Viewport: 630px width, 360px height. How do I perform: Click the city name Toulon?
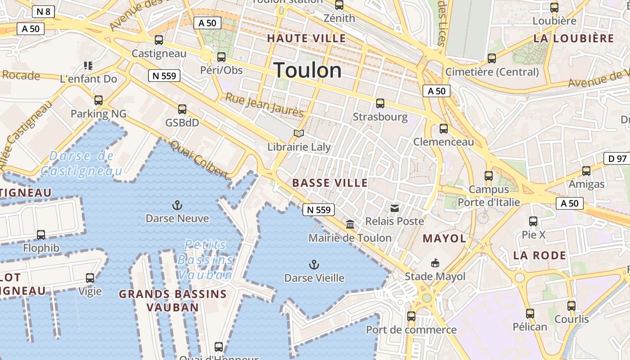pyautogui.click(x=308, y=71)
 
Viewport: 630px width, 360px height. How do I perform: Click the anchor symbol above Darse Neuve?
pyautogui.click(x=177, y=206)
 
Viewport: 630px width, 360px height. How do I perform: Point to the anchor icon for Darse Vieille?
pyautogui.click(x=314, y=265)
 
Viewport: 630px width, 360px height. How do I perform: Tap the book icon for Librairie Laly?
pyautogui.click(x=299, y=133)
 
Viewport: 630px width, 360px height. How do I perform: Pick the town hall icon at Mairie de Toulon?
pyautogui.click(x=350, y=224)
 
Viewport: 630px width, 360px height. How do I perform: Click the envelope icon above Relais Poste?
pyautogui.click(x=395, y=208)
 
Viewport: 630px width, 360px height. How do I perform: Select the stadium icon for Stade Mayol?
pyautogui.click(x=435, y=263)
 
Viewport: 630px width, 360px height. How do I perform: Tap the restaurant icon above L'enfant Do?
pyautogui.click(x=88, y=66)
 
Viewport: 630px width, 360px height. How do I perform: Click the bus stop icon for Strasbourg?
pyautogui.click(x=380, y=103)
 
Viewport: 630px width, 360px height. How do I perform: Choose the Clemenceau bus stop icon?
pyautogui.click(x=444, y=129)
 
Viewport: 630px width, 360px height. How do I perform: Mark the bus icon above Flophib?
pyautogui.click(x=41, y=234)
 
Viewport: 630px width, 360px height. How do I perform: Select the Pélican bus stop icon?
pyautogui.click(x=530, y=313)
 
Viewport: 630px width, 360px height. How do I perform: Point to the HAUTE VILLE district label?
pyautogui.click(x=307, y=38)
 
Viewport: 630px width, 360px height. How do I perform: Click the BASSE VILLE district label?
pyautogui.click(x=330, y=183)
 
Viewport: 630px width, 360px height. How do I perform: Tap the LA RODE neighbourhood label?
pyautogui.click(x=539, y=256)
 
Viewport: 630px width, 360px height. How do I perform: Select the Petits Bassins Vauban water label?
pyautogui.click(x=206, y=260)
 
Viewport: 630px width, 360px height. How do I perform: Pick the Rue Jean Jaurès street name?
pyautogui.click(x=264, y=104)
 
